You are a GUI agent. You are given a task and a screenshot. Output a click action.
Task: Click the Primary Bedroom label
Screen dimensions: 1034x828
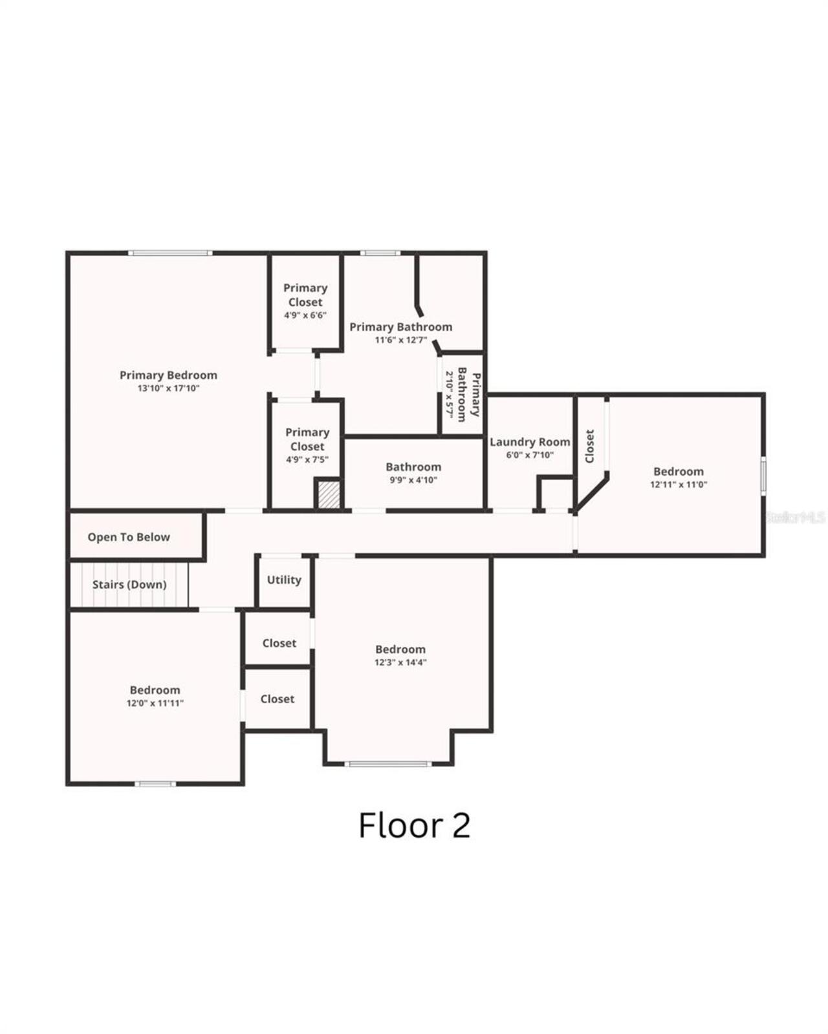168,375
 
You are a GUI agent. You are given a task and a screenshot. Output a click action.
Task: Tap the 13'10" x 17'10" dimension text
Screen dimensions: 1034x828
168,389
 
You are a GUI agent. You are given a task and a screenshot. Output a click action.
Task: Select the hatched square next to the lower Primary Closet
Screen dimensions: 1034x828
328,494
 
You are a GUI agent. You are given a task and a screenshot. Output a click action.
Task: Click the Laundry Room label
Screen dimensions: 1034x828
530,442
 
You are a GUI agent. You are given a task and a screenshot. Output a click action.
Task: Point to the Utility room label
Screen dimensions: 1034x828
284,580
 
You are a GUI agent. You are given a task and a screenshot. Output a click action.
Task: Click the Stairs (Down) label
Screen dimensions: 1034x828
129,584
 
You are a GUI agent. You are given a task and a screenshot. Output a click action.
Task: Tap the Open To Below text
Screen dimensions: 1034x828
129,537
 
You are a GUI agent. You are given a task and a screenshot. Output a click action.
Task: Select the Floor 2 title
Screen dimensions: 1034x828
414,826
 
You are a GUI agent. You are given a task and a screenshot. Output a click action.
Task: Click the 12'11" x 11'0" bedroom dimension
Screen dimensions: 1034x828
678,485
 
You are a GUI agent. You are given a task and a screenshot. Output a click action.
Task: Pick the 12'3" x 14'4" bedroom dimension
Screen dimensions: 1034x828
400,662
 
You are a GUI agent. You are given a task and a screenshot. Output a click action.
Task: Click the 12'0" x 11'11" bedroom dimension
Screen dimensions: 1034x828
155,703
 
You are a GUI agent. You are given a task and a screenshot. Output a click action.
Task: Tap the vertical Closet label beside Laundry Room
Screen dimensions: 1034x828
589,446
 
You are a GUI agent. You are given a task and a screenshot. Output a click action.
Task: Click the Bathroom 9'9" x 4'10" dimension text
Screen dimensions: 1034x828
413,480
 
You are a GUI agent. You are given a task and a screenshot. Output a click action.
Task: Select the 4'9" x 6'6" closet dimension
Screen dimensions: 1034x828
305,315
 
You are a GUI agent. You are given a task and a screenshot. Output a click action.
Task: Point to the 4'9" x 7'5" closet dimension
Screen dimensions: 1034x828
307,460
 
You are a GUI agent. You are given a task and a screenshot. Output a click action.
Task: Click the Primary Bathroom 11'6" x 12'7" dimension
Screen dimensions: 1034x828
400,340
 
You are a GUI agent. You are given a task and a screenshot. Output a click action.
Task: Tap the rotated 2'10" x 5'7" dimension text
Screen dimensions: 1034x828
448,394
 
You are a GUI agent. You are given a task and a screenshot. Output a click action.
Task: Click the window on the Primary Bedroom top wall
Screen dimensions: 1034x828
170,253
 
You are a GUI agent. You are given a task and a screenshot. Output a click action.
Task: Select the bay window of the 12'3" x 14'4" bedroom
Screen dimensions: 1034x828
387,765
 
